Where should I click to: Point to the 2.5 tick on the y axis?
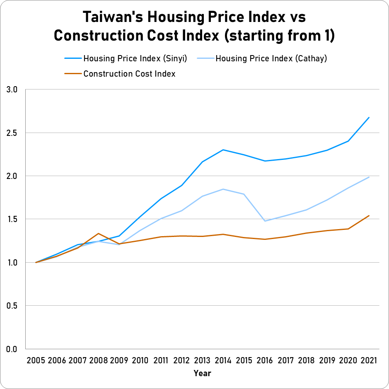[12, 133]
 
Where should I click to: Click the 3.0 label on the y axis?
[12, 89]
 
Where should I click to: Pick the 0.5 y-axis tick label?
[12, 306]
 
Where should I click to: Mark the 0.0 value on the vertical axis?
[12, 349]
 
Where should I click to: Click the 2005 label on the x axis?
[36, 360]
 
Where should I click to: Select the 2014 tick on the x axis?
[224, 360]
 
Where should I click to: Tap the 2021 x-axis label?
[369, 360]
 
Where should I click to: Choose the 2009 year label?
[119, 360]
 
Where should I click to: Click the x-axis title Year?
[202, 373]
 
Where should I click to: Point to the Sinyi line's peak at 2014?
[224, 150]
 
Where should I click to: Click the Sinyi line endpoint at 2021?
[369, 117]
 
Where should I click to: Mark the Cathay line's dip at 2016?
[265, 221]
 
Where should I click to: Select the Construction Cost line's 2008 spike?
[98, 234]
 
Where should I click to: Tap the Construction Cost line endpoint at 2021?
[369, 215]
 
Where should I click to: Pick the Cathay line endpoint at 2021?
[369, 177]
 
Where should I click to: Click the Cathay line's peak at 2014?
[224, 189]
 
